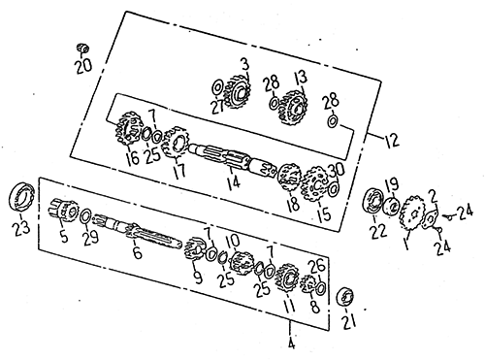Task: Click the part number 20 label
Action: click(83, 66)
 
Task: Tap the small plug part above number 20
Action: click(83, 49)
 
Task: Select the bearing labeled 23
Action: click(21, 197)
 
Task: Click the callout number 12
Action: click(392, 140)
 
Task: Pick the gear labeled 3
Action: click(238, 92)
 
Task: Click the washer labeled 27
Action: click(217, 87)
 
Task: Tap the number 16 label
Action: click(133, 158)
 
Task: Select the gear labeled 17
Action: click(175, 143)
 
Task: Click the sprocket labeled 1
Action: click(412, 213)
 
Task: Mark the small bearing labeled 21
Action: click(345, 296)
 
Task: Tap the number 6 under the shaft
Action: click(138, 252)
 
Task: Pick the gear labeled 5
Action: click(64, 209)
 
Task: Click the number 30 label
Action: click(337, 170)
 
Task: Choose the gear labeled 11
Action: click(286, 278)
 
